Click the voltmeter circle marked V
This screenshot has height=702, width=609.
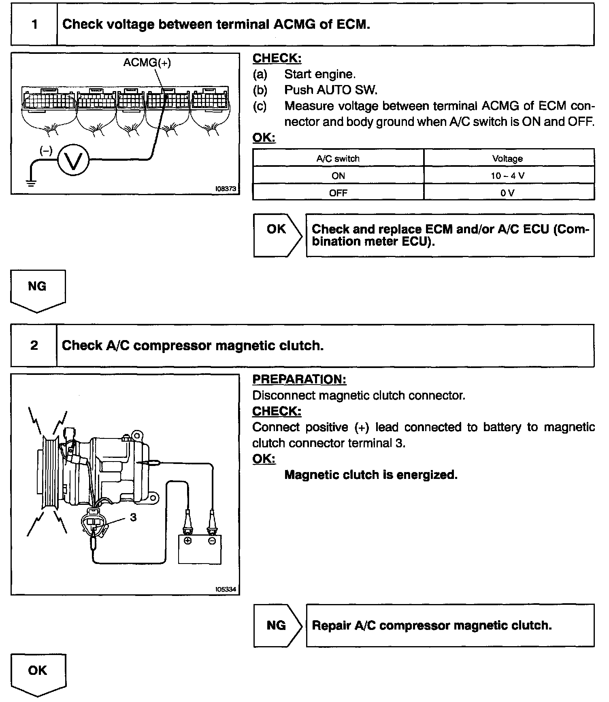pos(73,161)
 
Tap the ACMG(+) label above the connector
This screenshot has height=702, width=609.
pos(147,63)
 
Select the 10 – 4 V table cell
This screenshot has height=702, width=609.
pos(509,176)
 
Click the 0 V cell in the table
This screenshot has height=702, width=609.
pos(509,193)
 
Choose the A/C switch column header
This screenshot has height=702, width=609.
pos(338,159)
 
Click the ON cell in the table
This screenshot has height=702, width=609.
pos(338,176)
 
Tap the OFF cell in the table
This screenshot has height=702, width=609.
pos(338,193)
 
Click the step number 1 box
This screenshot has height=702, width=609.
pos(34,25)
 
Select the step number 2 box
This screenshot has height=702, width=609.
pos(34,345)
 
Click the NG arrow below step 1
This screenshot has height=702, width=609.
pos(37,289)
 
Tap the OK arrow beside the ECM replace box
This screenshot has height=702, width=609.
pos(277,235)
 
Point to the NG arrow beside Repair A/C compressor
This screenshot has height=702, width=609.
pos(277,625)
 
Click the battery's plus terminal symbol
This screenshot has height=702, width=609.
pos(187,540)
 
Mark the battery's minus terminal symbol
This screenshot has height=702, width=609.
pos(212,540)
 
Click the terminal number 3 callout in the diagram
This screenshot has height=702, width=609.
pos(133,517)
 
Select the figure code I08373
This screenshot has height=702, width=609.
pos(226,189)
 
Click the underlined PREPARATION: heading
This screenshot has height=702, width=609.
pos(299,379)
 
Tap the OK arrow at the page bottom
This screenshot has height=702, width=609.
pos(38,673)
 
